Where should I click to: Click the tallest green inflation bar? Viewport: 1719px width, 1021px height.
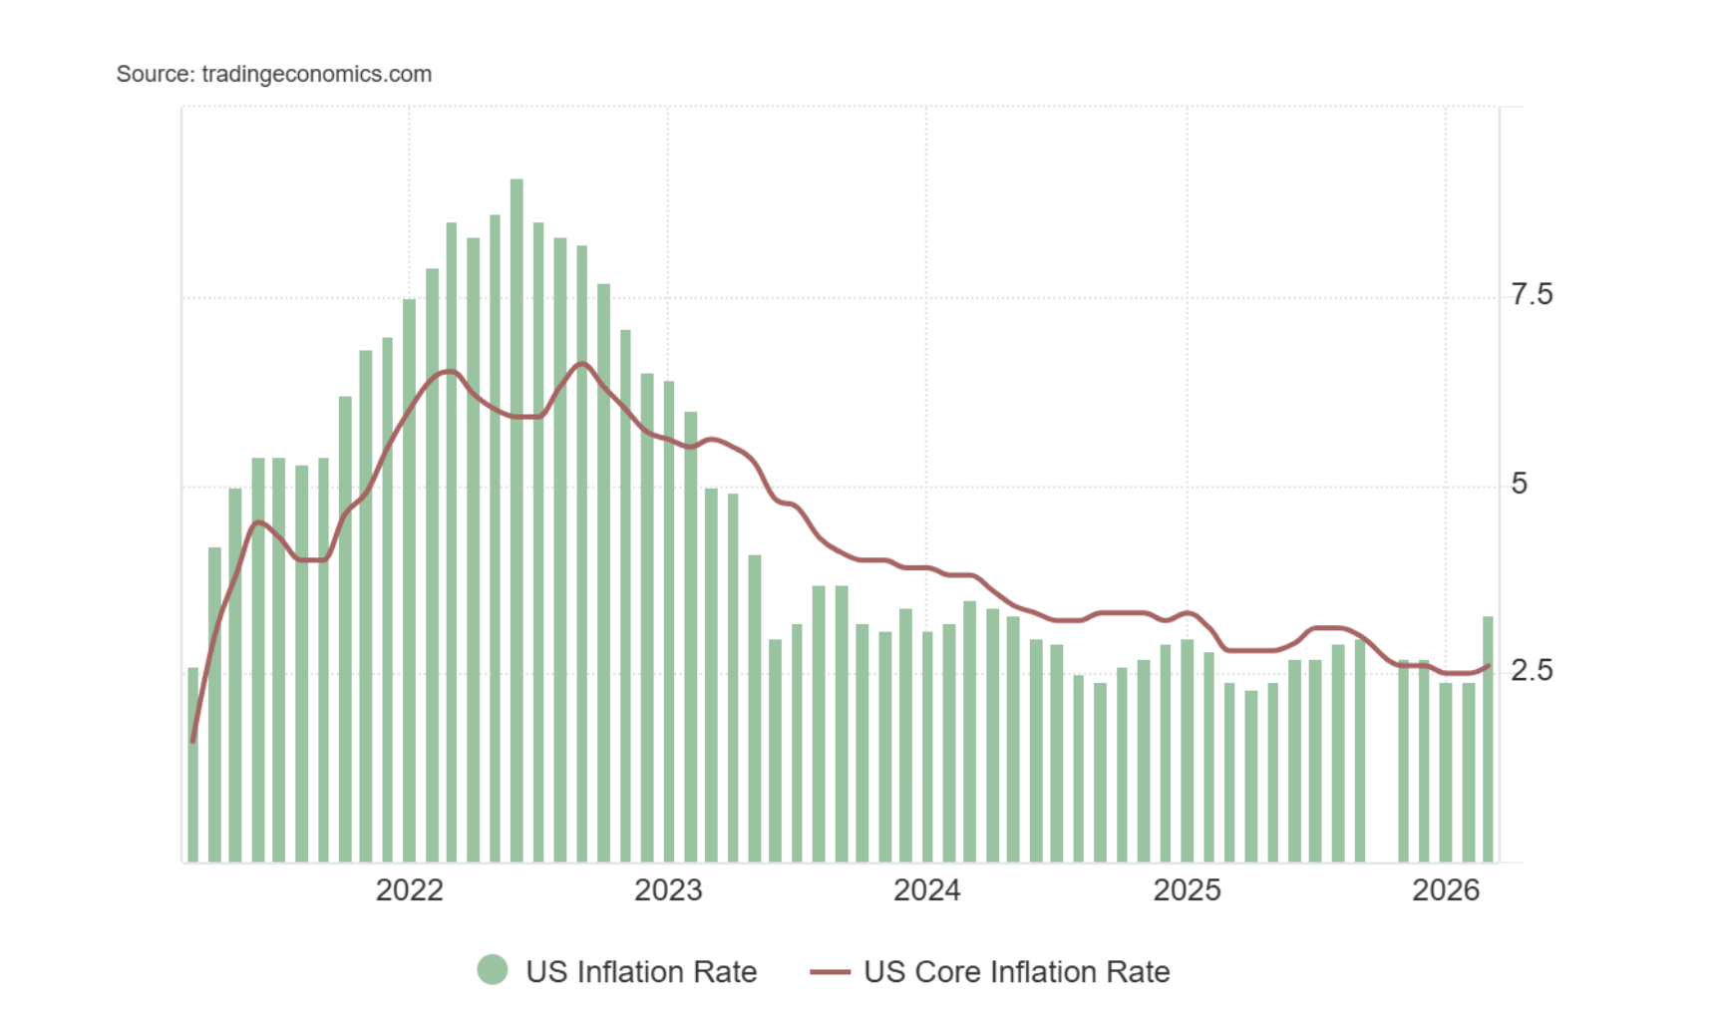(x=516, y=518)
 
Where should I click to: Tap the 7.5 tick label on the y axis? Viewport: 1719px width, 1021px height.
(x=1532, y=294)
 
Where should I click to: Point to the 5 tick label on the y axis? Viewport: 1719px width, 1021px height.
(x=1519, y=484)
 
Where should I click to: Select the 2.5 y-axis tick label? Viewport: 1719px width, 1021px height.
(x=1532, y=670)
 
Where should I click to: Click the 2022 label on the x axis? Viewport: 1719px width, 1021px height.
(x=409, y=889)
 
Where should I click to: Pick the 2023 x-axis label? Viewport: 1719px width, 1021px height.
(x=668, y=889)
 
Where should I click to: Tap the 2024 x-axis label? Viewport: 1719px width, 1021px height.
(x=926, y=889)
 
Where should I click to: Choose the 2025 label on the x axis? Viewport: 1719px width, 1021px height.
(x=1187, y=889)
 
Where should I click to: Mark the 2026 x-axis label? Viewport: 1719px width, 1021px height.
(x=1446, y=889)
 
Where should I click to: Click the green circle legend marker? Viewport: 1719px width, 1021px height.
(x=492, y=970)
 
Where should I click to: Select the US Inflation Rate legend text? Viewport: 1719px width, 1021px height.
(x=641, y=972)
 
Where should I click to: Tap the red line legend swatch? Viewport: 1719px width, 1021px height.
(x=830, y=972)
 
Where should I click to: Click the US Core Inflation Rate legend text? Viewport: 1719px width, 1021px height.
(x=1017, y=972)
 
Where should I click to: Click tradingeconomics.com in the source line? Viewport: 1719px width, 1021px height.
(x=316, y=74)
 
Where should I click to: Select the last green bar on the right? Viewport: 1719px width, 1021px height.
(x=1489, y=738)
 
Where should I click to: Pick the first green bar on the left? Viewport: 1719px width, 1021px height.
(x=193, y=764)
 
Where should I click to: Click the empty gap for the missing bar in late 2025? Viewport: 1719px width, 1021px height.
(x=1381, y=758)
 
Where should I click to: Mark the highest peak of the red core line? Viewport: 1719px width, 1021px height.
(x=582, y=364)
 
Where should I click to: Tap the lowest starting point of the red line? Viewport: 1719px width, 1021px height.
(x=192, y=741)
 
